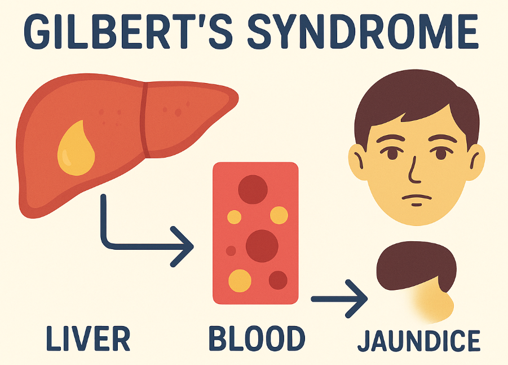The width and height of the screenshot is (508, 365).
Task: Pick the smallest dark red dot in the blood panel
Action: point(231,250)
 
